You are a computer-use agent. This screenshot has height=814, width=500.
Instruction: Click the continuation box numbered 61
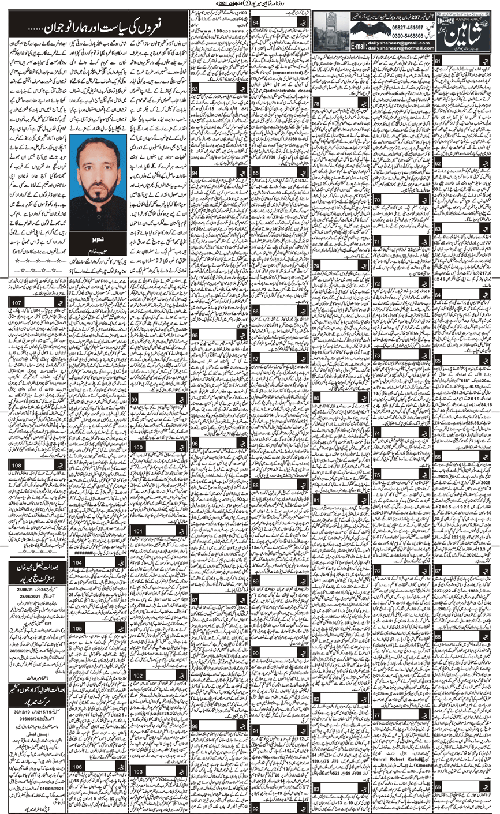(441, 61)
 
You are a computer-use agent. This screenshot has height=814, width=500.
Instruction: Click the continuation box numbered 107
(17, 303)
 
